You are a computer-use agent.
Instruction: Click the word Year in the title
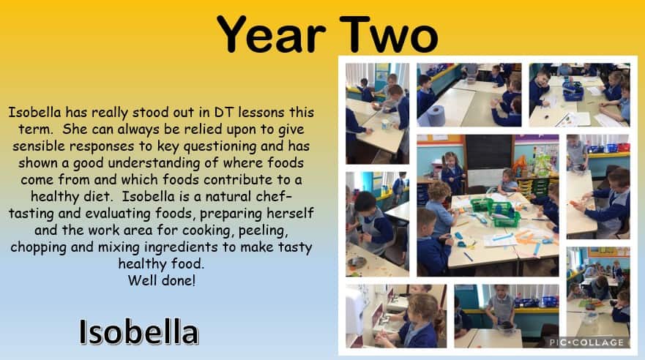pos(271,34)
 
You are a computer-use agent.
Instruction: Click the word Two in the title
pos(389,34)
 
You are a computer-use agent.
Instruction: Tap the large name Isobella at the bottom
pos(138,332)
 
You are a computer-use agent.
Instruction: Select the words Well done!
pos(162,281)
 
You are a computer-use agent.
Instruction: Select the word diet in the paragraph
pos(97,196)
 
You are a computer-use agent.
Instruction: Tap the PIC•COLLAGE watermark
pos(586,342)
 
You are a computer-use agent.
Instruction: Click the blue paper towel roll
pos(436,116)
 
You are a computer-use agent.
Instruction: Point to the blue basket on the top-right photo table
pos(573,91)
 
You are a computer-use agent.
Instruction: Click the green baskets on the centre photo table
pos(496,211)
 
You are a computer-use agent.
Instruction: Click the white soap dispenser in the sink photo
pos(354,310)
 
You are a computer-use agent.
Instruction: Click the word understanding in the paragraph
pos(154,163)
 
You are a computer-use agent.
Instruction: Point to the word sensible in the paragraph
pos(38,146)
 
